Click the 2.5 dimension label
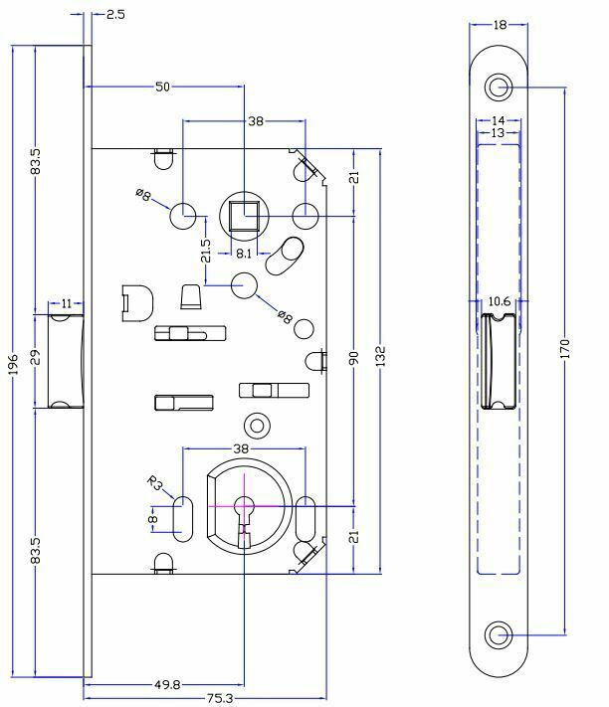[115, 15]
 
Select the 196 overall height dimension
[14, 364]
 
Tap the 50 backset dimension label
[162, 87]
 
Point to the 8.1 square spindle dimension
[244, 254]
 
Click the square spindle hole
[244, 216]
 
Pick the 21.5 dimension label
[206, 251]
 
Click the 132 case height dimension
[381, 356]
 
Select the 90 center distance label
[354, 358]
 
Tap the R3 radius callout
[154, 483]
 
